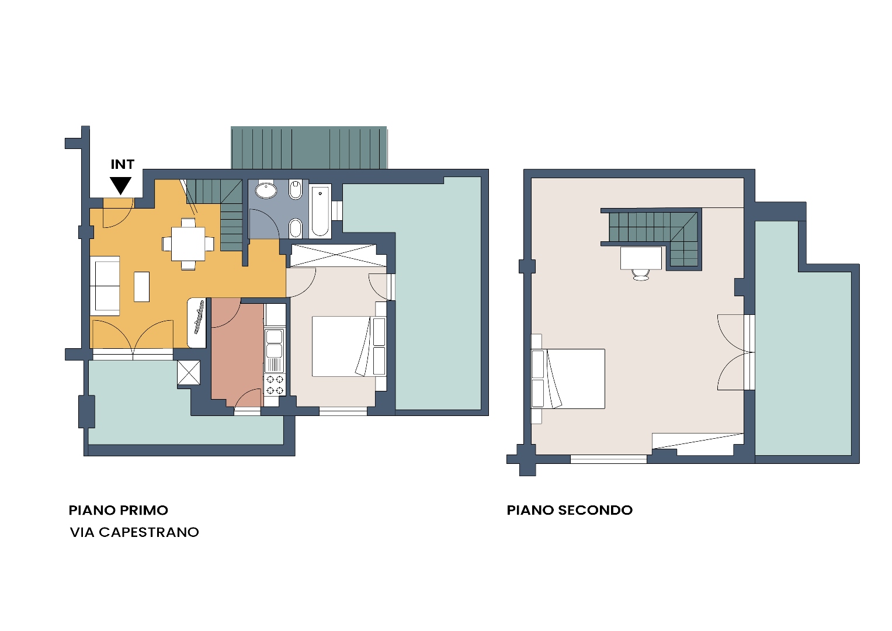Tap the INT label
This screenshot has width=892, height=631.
click(x=122, y=164)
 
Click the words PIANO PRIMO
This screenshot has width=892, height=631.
click(x=118, y=510)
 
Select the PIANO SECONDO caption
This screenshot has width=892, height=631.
click(x=570, y=510)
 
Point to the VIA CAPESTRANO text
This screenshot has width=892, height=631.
click(x=134, y=532)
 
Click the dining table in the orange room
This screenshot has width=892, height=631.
click(x=188, y=244)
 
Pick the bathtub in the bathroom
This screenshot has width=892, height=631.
click(x=320, y=211)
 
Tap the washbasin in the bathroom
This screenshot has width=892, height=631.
click(x=266, y=190)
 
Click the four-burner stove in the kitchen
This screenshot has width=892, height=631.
click(x=275, y=385)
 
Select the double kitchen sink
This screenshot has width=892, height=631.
click(x=275, y=344)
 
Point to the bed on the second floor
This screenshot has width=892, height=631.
click(x=568, y=379)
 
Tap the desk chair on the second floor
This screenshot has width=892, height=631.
click(x=641, y=275)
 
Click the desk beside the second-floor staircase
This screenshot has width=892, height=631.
click(x=641, y=258)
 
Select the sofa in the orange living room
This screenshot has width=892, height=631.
click(x=105, y=286)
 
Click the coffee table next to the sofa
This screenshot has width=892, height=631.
click(x=141, y=286)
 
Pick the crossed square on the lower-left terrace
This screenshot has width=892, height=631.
click(x=189, y=373)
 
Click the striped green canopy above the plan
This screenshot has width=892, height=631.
click(x=309, y=147)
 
